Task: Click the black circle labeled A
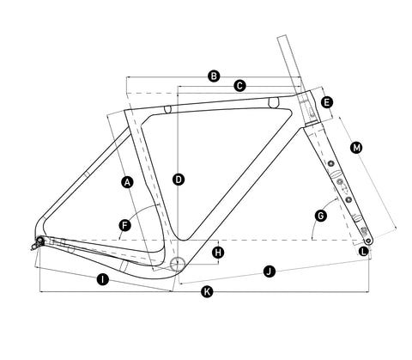(x=127, y=182)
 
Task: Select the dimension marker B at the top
(x=214, y=76)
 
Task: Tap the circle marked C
(x=239, y=86)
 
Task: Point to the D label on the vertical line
(x=179, y=180)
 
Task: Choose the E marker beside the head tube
(x=327, y=102)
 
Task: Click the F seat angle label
(x=124, y=225)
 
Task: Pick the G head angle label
(x=321, y=216)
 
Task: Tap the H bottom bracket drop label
(x=218, y=253)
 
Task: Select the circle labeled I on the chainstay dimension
(x=103, y=279)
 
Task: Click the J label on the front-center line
(x=269, y=271)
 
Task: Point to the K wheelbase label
(x=207, y=292)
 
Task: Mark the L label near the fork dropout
(x=364, y=252)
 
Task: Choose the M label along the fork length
(x=356, y=148)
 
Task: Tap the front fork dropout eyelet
(x=368, y=241)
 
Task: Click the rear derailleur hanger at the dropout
(x=36, y=244)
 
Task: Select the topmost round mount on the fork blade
(x=331, y=163)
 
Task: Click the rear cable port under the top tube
(x=167, y=109)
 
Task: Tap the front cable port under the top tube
(x=274, y=102)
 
